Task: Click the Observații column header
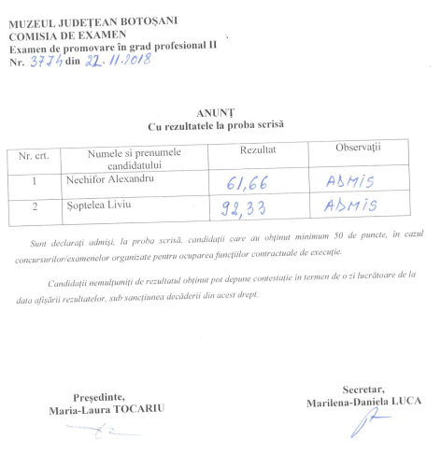pos(358,148)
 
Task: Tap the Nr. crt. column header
pos(36,155)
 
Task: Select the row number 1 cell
pos(36,178)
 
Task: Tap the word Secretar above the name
pos(364,389)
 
